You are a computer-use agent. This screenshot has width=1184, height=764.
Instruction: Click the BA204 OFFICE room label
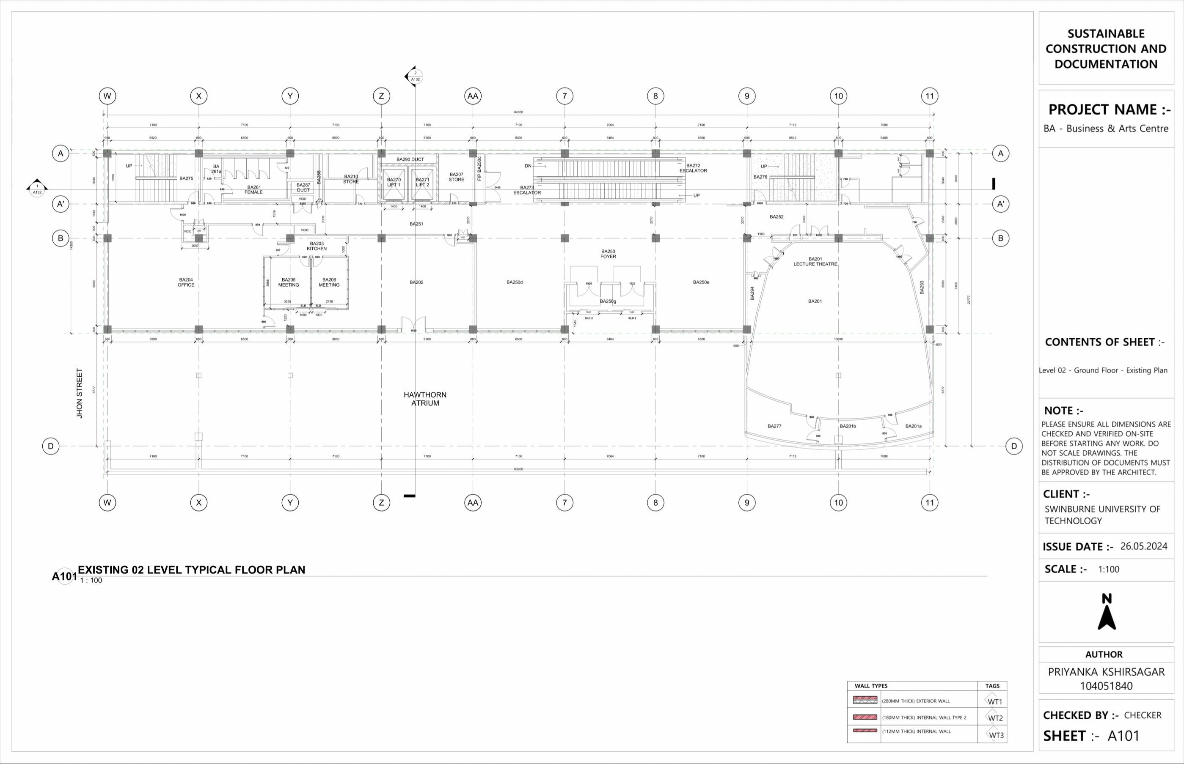coord(186,282)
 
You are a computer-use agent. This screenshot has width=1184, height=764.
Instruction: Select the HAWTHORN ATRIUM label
coord(425,399)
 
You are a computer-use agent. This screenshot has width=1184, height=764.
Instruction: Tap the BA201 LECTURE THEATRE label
coord(815,261)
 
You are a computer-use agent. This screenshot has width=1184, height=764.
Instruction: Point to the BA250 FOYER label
coord(608,254)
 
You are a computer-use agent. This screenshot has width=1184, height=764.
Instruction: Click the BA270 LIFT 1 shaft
coord(394,183)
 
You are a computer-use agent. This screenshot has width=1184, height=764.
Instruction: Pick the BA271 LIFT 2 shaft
coord(422,183)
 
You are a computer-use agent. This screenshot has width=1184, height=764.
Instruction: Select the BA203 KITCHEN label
coord(317,246)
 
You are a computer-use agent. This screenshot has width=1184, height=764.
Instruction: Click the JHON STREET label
coord(80,393)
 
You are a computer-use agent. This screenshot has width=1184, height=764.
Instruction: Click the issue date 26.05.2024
coord(1144,546)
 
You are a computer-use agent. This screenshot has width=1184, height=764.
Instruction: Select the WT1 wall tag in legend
coord(994,701)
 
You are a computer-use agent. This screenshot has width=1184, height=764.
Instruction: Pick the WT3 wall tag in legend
coord(995,735)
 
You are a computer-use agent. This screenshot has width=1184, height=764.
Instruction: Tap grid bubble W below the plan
coord(107,503)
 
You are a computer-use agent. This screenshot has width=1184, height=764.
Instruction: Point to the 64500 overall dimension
coord(518,112)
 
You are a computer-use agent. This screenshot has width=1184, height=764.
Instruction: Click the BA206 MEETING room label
coord(329,282)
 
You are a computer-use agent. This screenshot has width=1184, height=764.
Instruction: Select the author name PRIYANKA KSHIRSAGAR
coord(1106,672)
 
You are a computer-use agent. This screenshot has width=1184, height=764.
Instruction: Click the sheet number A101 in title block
coord(1123,736)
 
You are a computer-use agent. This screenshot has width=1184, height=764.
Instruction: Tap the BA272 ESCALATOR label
coord(693,168)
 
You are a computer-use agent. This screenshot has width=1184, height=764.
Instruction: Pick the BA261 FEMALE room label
coord(253,189)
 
